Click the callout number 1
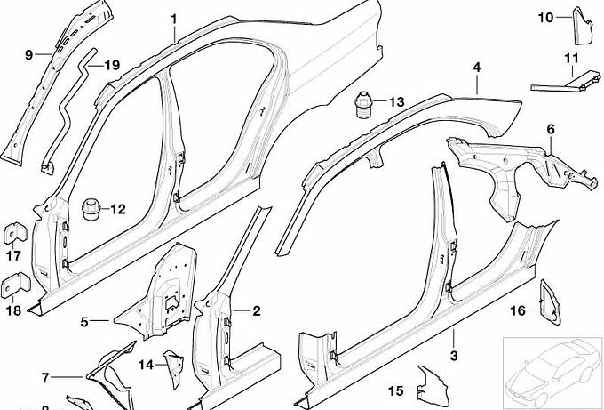[174, 18]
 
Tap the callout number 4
[476, 67]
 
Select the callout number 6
[550, 129]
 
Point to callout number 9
[28, 54]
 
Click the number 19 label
[111, 65]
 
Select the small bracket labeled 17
[15, 233]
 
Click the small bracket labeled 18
[15, 286]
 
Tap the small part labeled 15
[433, 382]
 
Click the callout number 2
[257, 310]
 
